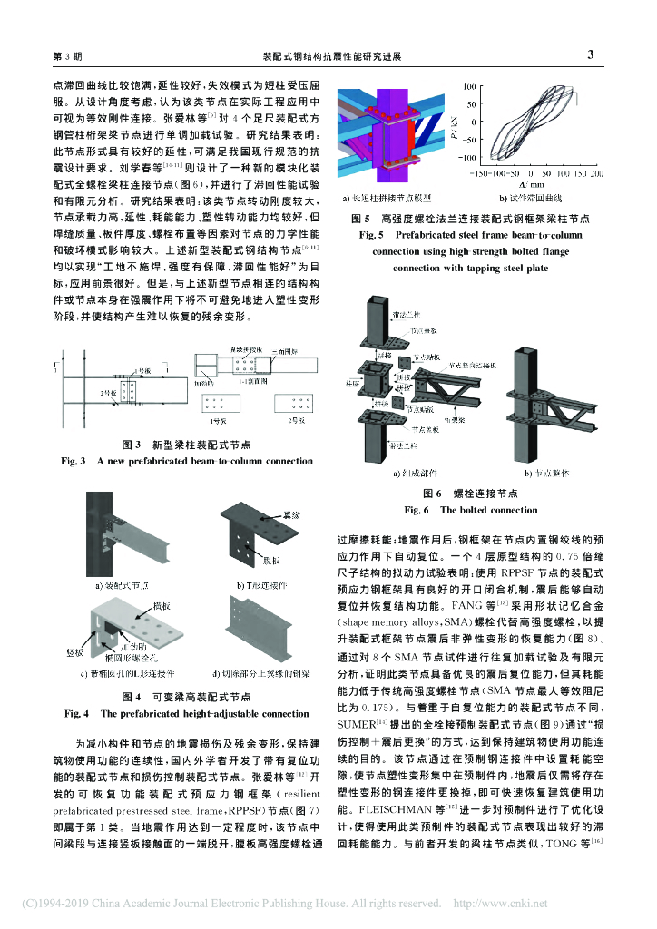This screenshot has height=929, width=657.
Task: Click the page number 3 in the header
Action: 590,54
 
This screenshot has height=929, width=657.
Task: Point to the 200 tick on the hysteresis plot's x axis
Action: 596,171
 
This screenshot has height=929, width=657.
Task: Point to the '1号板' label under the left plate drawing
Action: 218,422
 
